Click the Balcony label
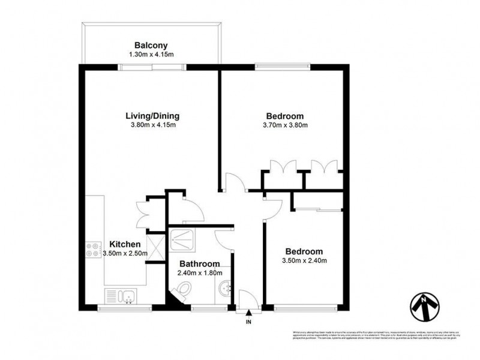(x=151, y=46)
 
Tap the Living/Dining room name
(x=152, y=116)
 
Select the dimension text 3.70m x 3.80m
(x=285, y=125)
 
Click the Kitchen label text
(x=125, y=244)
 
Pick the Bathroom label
(x=198, y=263)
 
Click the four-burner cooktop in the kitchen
(x=94, y=250)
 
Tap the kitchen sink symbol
(x=121, y=295)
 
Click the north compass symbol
(x=425, y=308)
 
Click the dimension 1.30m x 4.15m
(x=151, y=55)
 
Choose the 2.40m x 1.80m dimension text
(x=198, y=272)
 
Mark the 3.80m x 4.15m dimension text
(x=152, y=125)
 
